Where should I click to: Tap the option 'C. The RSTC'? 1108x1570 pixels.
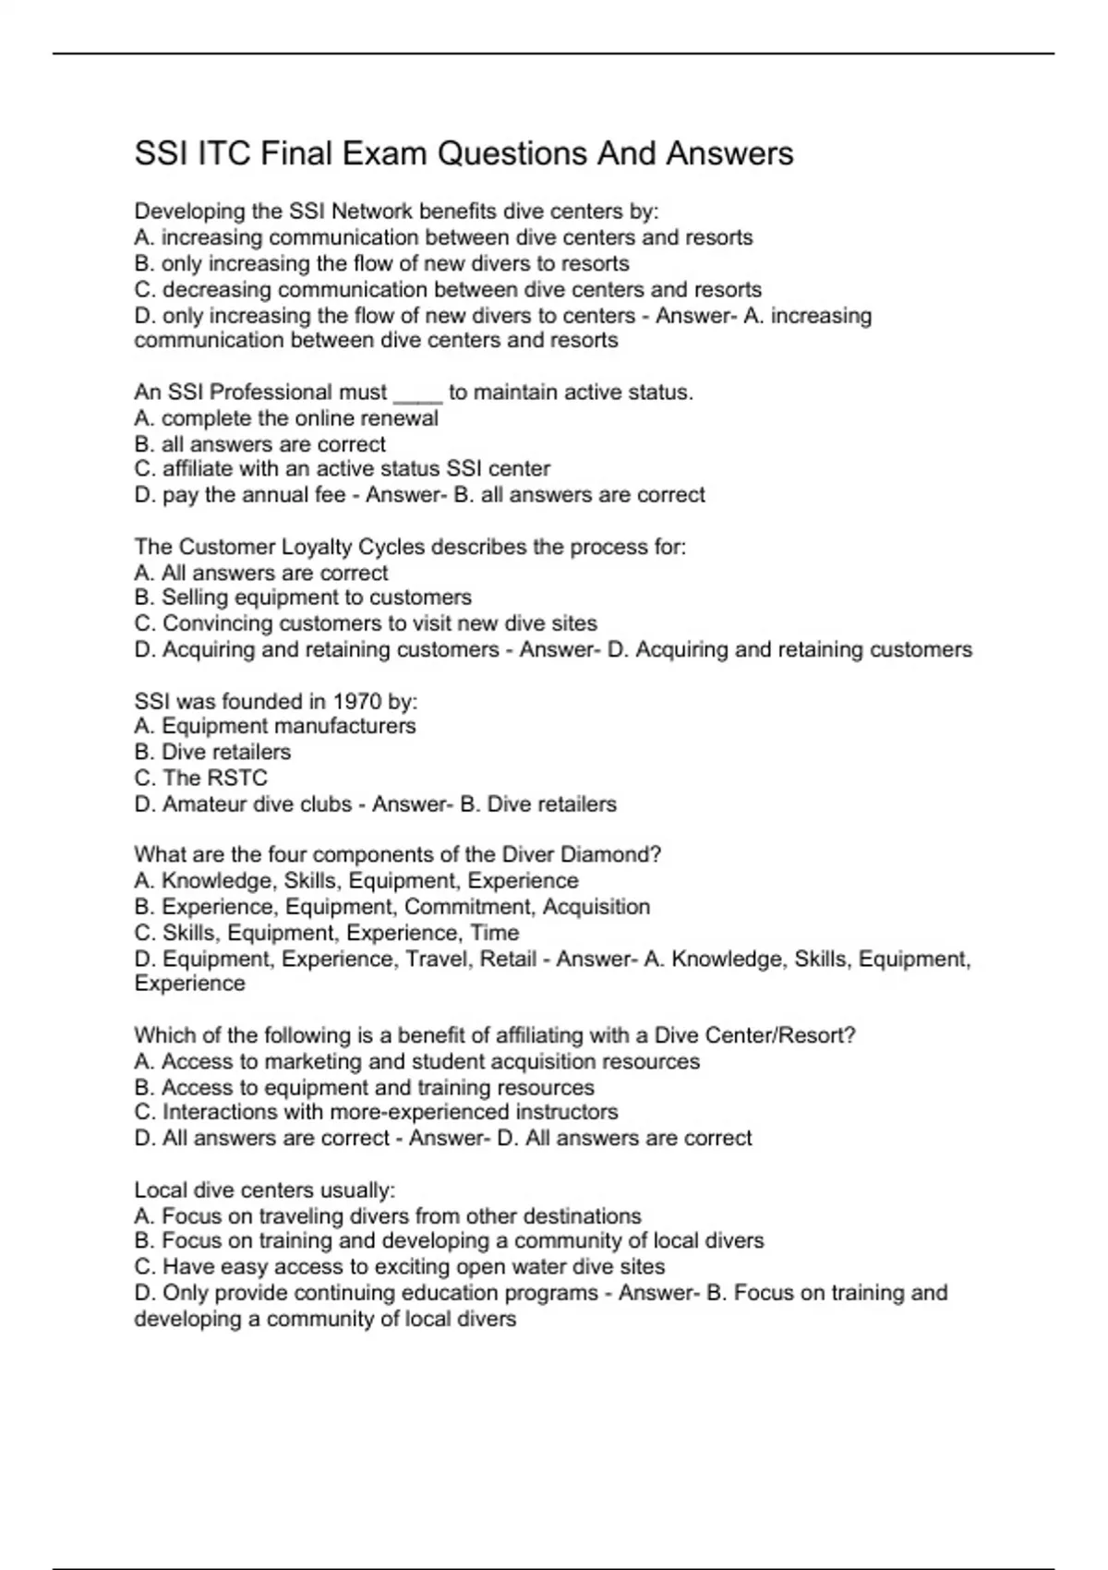click(x=200, y=778)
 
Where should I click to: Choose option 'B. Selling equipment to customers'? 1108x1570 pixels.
click(x=303, y=598)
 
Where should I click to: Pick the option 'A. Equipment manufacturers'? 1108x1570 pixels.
click(x=275, y=726)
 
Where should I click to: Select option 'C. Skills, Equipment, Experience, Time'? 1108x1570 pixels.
click(x=327, y=933)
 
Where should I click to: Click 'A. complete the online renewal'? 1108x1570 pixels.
click(x=286, y=418)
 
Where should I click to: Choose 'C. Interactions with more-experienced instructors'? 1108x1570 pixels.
click(x=376, y=1112)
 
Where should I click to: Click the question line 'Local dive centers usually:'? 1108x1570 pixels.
click(x=265, y=1190)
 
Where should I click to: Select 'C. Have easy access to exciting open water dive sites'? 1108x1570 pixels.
click(x=400, y=1266)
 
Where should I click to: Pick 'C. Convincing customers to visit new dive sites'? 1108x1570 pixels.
click(x=366, y=623)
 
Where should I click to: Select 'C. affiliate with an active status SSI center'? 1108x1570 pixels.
click(x=342, y=469)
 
